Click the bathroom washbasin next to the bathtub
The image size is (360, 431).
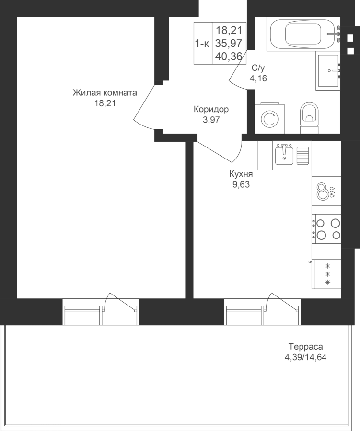coord(328,70)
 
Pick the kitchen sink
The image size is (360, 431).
coord(285,154)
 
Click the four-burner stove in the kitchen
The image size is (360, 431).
coord(327,228)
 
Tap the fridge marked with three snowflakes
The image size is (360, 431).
coord(327,274)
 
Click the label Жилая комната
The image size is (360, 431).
coord(105,93)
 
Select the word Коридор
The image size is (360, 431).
coord(211,110)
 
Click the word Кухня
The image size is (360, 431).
coord(241,175)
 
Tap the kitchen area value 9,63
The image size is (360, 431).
coord(241,184)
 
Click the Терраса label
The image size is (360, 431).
coord(305,347)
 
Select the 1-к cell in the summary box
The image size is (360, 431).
coord(202,44)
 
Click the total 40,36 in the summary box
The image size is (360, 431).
coord(229,57)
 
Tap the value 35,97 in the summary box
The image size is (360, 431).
coord(229,44)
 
